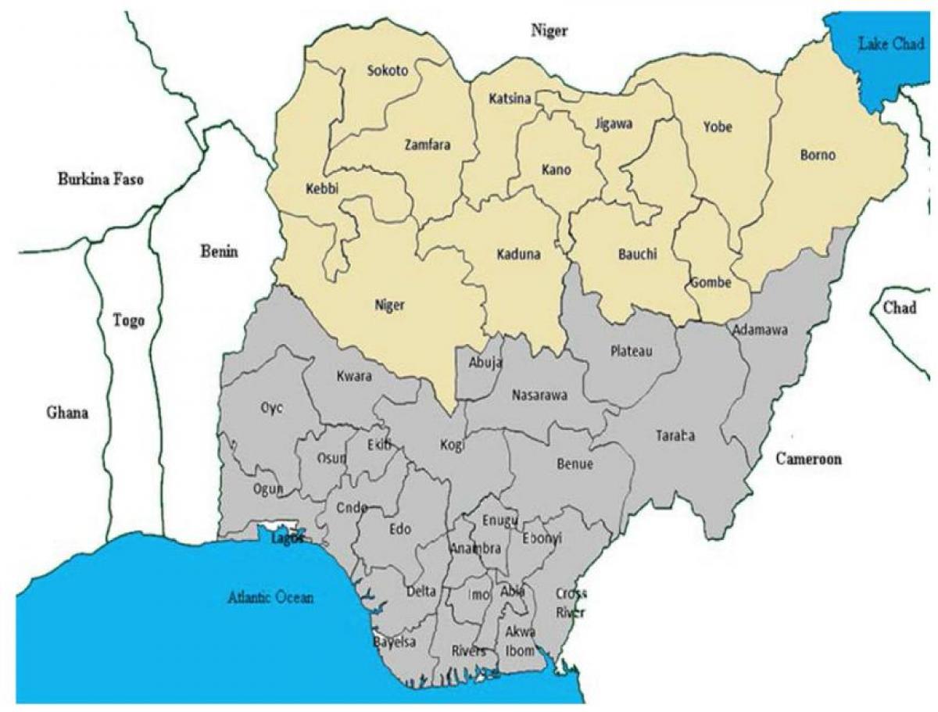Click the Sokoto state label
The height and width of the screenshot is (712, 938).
pos(387,71)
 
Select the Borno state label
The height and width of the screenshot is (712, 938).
pos(818,155)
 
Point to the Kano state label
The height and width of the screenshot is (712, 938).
pos(556,170)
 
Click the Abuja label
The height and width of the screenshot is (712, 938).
pos(485,362)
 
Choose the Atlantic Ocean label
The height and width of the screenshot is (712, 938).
pos(270,598)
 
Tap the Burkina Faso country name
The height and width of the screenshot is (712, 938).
pos(101,179)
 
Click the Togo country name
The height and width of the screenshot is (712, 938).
pos(128,320)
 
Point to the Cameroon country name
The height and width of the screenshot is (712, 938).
pos(808,459)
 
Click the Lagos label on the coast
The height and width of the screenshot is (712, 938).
pos(287,538)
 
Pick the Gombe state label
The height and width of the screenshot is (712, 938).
pos(710,283)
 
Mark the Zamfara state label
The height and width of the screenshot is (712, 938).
pos(428,145)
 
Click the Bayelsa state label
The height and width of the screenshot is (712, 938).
pos(394,642)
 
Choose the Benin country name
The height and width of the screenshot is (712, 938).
pos(219,252)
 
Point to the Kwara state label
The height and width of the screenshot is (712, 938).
pos(354,376)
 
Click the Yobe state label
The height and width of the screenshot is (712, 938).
pos(717,126)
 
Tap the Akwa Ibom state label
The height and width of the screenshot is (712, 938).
pos(520,641)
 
